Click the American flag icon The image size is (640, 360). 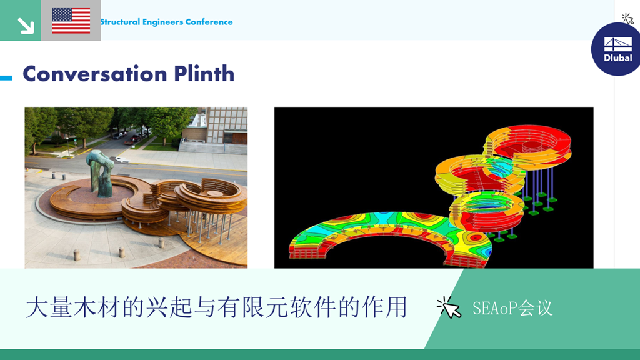click(71, 21)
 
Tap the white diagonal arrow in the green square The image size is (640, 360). click(26, 26)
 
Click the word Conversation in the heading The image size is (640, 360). click(95, 74)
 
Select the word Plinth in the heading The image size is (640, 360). click(204, 74)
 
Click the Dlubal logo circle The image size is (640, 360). click(616, 49)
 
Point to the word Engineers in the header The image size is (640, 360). click(162, 22)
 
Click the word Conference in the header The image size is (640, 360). click(209, 22)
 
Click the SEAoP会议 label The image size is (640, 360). click(512, 308)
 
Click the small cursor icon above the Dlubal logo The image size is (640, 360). click(627, 19)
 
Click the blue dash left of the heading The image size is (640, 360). click(6, 77)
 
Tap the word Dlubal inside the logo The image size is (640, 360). click(618, 58)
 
